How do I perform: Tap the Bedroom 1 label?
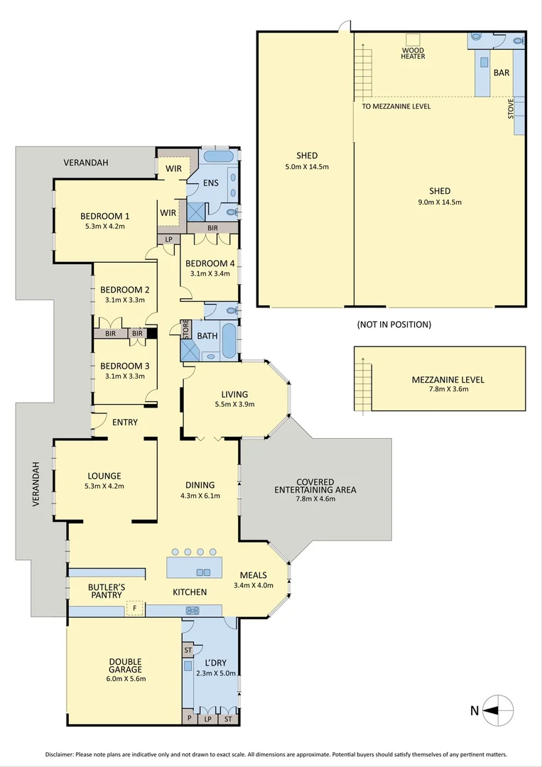(x=104, y=216)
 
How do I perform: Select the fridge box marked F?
(x=135, y=608)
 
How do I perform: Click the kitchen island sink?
(x=203, y=572)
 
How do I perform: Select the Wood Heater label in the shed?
(x=413, y=53)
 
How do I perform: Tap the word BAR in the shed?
(x=501, y=72)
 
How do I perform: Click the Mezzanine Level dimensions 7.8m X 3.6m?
(x=448, y=391)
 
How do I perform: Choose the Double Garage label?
(x=125, y=665)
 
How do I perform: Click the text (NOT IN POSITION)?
(x=394, y=325)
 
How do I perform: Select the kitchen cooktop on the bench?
(x=192, y=610)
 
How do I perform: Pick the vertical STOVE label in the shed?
(x=511, y=108)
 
